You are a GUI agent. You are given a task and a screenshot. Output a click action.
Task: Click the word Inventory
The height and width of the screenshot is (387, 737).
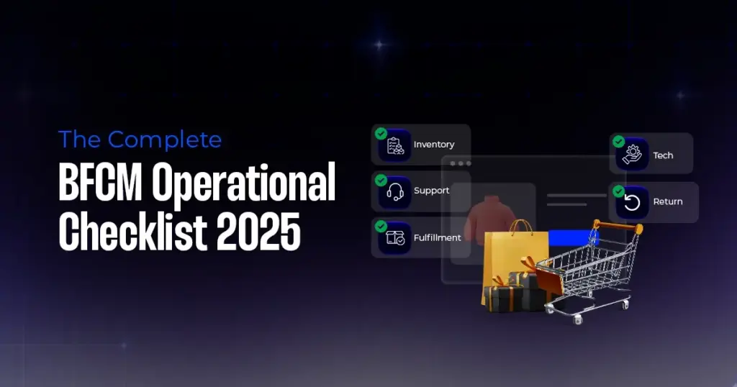[x=433, y=145]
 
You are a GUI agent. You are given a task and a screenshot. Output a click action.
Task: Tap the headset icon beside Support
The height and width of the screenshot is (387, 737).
[x=395, y=191]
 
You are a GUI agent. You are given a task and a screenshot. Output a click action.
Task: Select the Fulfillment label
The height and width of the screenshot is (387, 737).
[x=437, y=237]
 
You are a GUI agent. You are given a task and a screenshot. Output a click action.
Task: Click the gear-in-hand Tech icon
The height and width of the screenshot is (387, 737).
[x=633, y=155]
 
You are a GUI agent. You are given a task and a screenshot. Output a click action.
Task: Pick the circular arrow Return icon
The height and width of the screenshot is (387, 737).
[x=633, y=202]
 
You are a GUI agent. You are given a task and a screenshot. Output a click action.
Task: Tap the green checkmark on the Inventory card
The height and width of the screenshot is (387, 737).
[x=381, y=134]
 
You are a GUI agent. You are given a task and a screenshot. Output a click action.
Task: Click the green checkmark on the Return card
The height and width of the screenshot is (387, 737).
[x=618, y=191]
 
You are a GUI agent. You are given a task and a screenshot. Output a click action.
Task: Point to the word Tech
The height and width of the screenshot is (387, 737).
[x=663, y=155]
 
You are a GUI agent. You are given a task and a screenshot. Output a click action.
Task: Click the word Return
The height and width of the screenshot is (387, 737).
[x=667, y=202]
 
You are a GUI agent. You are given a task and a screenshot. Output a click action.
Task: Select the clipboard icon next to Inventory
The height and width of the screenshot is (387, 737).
[x=395, y=145]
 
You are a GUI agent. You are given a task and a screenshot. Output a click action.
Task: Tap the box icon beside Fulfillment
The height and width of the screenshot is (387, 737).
[x=395, y=238]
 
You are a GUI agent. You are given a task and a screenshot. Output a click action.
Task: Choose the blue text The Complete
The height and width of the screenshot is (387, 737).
[x=140, y=139]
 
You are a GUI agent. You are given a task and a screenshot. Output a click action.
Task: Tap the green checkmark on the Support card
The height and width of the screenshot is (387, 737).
[x=381, y=180]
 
